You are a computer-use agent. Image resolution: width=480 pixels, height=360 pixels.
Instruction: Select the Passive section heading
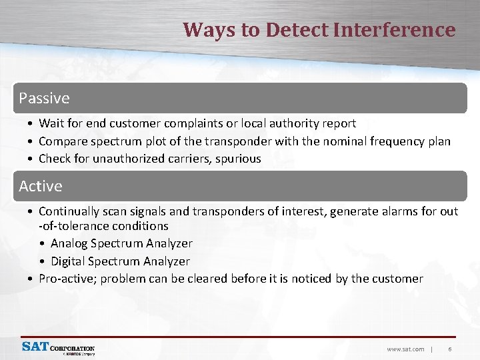(x=44, y=98)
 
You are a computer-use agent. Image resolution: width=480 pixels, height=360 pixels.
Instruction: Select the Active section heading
(x=40, y=186)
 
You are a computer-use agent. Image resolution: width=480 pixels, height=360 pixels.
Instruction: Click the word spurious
(x=238, y=159)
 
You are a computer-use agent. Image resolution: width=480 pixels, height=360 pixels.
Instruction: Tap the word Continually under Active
(x=69, y=211)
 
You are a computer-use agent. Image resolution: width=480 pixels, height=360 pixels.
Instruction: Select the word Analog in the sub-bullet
(x=69, y=243)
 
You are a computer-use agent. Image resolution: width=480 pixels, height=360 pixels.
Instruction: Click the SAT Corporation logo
(x=58, y=348)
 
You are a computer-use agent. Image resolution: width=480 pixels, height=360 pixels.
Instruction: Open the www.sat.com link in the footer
(x=405, y=349)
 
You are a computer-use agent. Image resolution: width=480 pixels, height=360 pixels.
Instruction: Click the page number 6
(x=450, y=349)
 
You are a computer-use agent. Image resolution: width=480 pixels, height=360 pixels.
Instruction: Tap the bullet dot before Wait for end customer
(x=31, y=124)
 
